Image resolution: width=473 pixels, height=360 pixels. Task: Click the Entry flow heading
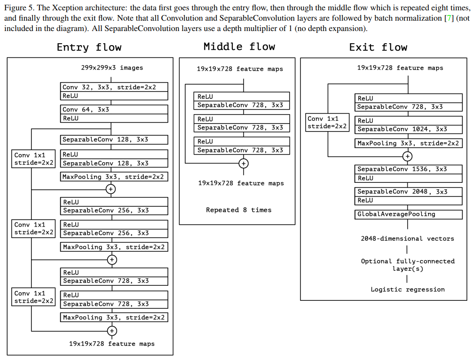pos(89,47)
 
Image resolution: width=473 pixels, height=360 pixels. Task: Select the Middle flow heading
pos(239,47)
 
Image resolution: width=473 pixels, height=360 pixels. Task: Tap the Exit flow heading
pos(378,47)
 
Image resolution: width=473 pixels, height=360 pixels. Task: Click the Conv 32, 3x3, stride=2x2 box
pos(114,87)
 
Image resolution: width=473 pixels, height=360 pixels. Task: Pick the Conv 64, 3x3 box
pos(114,110)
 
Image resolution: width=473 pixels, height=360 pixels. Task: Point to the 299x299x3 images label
pos(112,68)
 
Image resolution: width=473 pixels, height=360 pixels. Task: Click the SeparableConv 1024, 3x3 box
pos(409,129)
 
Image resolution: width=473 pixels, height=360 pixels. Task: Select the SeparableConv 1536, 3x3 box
pos(409,169)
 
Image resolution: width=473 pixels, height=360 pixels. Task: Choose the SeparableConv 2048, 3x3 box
pos(409,192)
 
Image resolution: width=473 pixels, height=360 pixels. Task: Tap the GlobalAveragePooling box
pos(409,214)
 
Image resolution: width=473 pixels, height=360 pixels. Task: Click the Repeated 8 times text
pos(238,210)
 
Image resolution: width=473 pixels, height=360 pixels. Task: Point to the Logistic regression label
pos(408,290)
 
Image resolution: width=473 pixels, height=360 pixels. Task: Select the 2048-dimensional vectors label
pos(407,238)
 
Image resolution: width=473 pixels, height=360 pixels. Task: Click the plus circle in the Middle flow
pos(244,164)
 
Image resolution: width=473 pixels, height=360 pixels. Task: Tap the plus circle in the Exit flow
pos(408,156)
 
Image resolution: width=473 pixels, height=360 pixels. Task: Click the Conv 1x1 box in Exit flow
pos(327,122)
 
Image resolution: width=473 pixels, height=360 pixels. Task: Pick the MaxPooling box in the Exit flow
pos(409,143)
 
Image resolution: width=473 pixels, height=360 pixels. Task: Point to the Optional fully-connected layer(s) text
pos(408,265)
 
